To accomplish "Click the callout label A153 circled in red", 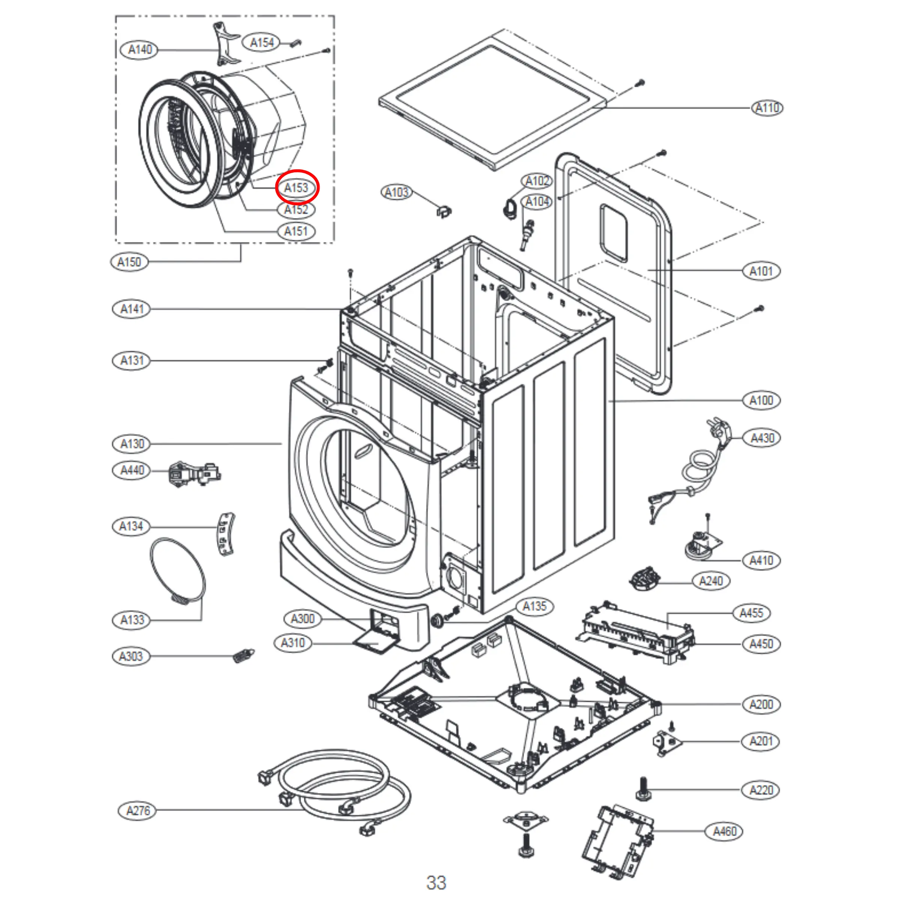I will pyautogui.click(x=296, y=188).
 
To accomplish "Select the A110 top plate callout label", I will pyautogui.click(x=768, y=108).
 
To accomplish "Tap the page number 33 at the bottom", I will pyautogui.click(x=436, y=883).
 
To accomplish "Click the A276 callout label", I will pyautogui.click(x=138, y=811).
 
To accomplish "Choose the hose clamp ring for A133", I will pyautogui.click(x=178, y=570).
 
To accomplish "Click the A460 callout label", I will pyautogui.click(x=724, y=831).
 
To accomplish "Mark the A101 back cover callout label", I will pyautogui.click(x=761, y=271).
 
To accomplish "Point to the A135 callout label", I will pyautogui.click(x=535, y=606).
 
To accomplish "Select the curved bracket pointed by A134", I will pyautogui.click(x=226, y=534).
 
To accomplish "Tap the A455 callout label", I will pyautogui.click(x=751, y=613).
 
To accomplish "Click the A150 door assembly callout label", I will pyautogui.click(x=129, y=261).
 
